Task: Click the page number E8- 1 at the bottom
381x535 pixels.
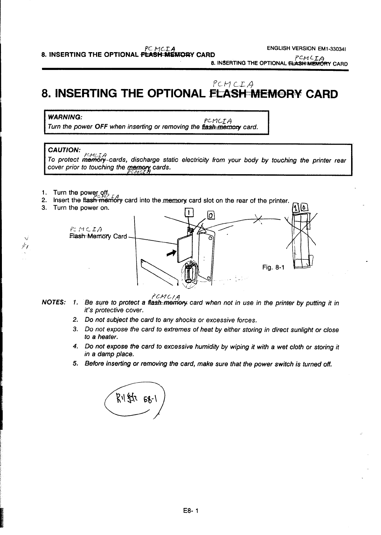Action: pos(190,511)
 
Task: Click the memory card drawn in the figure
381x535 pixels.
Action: pos(184,246)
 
